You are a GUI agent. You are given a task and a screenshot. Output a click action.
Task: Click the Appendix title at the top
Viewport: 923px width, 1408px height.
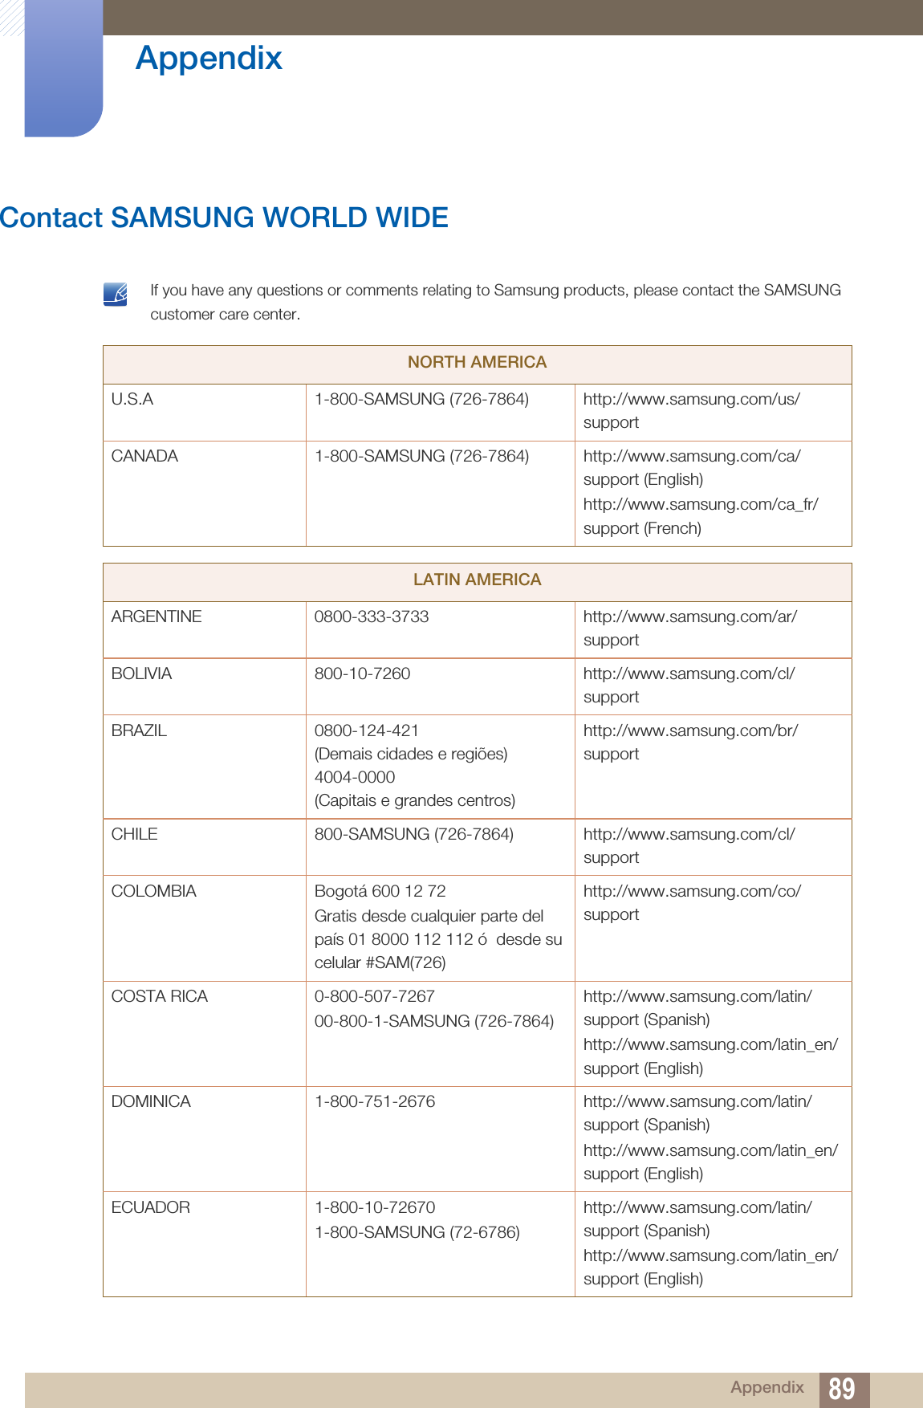point(209,59)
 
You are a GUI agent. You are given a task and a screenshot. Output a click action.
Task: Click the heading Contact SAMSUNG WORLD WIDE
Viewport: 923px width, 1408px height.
point(224,218)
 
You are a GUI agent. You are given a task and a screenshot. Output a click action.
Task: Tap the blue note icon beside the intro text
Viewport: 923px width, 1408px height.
point(116,294)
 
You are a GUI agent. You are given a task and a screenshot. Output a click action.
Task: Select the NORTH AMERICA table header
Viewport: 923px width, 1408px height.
point(477,363)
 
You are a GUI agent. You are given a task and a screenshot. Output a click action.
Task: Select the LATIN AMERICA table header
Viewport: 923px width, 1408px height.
point(477,580)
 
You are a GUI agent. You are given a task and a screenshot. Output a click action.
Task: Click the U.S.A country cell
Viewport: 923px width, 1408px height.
point(132,400)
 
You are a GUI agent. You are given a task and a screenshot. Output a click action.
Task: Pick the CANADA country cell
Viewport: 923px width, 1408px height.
point(144,457)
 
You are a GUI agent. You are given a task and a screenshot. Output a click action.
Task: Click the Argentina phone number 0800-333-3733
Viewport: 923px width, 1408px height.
point(372,617)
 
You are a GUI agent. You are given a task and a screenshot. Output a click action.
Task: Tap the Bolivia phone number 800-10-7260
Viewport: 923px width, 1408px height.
point(362,674)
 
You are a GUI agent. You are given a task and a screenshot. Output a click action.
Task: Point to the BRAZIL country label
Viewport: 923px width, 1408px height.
point(139,731)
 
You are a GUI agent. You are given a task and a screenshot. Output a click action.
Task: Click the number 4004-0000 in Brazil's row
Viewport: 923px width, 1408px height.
point(355,778)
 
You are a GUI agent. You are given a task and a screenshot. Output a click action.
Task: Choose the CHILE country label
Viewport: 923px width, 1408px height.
point(134,835)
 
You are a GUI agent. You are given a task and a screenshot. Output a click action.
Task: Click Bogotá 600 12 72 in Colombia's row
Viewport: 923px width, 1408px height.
point(380,892)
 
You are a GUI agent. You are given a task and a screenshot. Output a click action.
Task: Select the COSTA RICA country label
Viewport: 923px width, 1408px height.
point(159,997)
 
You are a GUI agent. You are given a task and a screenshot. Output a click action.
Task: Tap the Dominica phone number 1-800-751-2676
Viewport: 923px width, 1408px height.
point(375,1102)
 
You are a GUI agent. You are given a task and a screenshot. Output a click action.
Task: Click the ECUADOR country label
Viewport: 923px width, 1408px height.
point(150,1208)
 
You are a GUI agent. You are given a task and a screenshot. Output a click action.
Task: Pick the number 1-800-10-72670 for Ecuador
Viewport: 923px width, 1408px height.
point(375,1208)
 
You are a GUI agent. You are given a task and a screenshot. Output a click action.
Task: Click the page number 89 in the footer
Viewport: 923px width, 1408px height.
point(842,1389)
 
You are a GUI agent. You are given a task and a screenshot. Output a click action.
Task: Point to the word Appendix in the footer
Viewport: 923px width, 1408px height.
point(766,1388)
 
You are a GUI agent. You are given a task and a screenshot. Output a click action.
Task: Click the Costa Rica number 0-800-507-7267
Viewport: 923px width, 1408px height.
point(374,997)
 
